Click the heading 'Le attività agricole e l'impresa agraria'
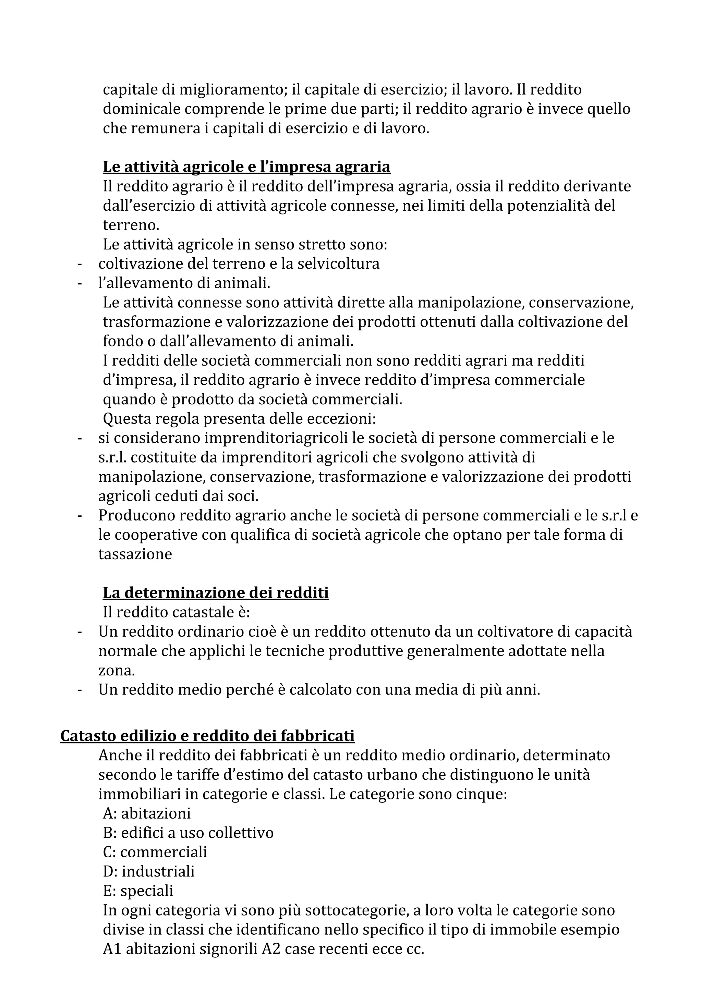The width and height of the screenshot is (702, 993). click(246, 167)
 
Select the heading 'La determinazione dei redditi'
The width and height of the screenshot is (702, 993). click(215, 592)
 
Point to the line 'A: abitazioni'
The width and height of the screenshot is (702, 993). click(147, 813)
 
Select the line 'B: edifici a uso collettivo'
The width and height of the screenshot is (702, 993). click(188, 833)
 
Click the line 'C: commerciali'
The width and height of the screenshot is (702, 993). click(155, 852)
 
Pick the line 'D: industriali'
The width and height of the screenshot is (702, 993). click(149, 871)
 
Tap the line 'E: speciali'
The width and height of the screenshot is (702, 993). click(138, 891)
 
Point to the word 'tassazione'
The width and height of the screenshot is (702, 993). click(135, 554)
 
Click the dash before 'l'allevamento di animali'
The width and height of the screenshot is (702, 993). click(79, 283)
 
